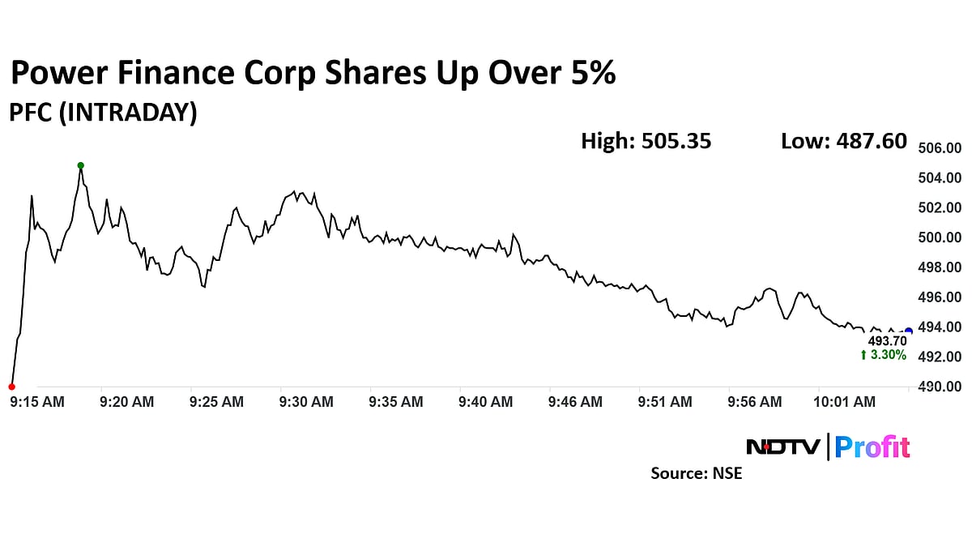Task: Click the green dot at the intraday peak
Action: [x=80, y=165]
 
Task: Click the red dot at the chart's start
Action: [x=11, y=387]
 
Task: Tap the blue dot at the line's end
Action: [x=908, y=331]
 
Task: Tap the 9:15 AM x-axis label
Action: [x=36, y=401]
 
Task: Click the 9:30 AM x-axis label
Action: [x=306, y=401]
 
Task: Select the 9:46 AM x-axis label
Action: [x=575, y=401]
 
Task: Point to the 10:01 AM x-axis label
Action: [x=845, y=401]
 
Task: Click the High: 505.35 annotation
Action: [x=646, y=141]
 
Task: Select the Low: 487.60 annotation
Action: [x=843, y=141]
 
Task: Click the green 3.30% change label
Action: [x=884, y=356]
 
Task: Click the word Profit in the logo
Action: [x=872, y=447]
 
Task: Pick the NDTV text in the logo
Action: [x=782, y=447]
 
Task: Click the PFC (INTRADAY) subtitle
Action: [x=103, y=113]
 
